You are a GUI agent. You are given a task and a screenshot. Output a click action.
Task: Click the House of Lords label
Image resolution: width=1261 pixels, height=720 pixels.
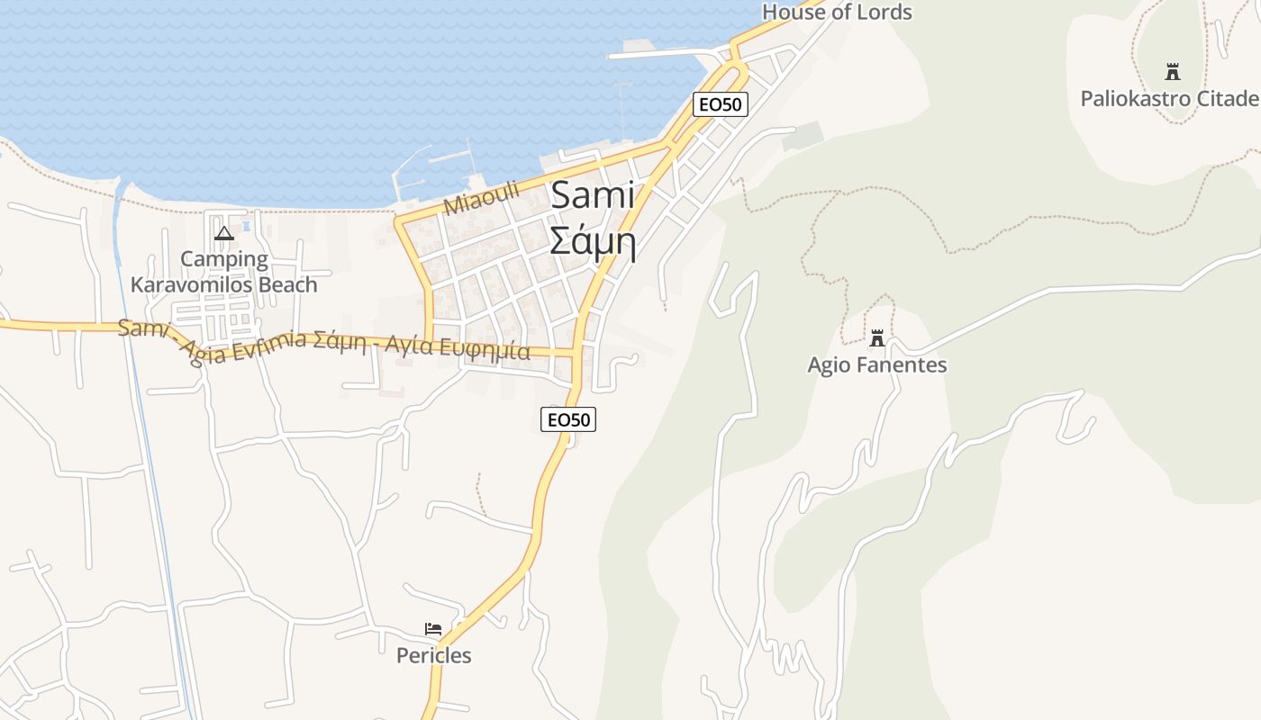(837, 12)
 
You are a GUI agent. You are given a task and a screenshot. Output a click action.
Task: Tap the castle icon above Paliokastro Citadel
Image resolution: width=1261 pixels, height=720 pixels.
(1172, 71)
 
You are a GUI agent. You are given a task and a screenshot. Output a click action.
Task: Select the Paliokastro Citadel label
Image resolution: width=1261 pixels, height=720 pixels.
(1169, 98)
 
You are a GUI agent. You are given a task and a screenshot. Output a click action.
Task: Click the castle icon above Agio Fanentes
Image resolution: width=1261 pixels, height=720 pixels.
(876, 338)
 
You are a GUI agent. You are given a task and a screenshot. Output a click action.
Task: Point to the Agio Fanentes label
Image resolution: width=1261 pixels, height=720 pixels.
(876, 364)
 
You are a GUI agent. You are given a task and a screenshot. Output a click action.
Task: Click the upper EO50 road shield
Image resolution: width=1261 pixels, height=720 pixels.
(721, 104)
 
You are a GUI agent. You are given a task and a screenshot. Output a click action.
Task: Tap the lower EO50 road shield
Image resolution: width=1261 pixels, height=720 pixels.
(568, 418)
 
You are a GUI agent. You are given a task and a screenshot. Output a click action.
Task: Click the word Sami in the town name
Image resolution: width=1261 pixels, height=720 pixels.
(592, 195)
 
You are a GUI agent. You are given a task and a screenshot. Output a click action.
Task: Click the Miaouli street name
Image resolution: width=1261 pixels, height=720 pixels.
(482, 198)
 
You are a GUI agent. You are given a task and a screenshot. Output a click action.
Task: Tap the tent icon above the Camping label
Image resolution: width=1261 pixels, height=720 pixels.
(223, 234)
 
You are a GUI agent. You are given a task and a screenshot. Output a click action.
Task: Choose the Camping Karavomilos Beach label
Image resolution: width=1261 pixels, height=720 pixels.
(223, 272)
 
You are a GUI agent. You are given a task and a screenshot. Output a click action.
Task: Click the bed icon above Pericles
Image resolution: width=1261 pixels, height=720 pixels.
(433, 628)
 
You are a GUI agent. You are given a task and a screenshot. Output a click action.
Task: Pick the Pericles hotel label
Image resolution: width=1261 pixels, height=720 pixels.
(433, 655)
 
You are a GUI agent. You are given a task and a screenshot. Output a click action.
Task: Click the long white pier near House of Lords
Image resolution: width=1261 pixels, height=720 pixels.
(658, 54)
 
